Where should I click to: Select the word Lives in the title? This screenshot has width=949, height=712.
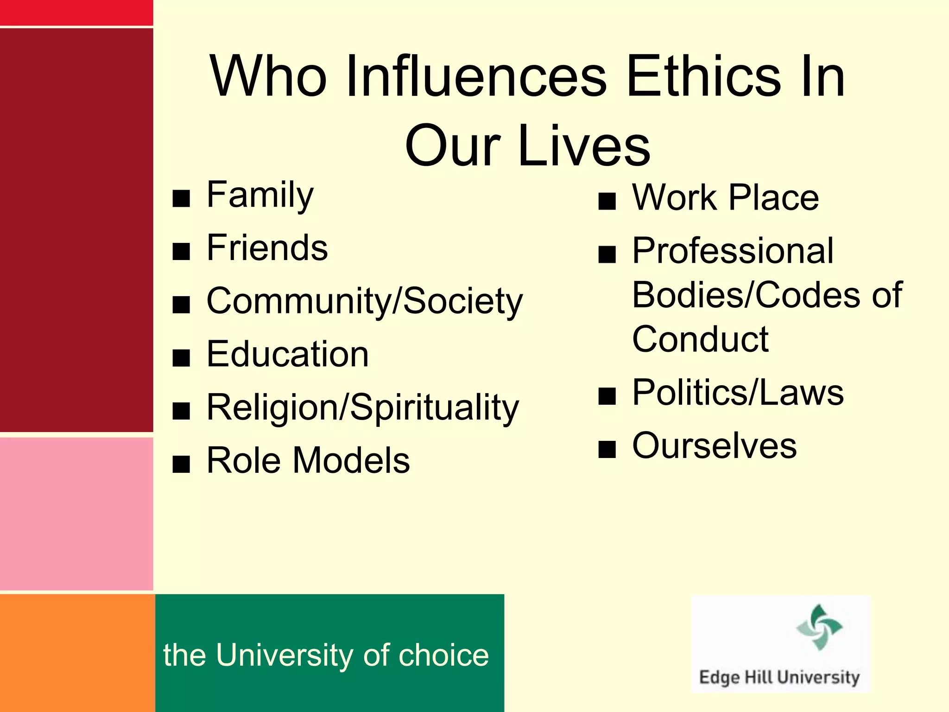point(585,146)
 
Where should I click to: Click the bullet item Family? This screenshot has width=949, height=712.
point(260,195)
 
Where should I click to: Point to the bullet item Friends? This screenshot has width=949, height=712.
point(267,248)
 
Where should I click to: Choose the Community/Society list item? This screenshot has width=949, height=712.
point(364,301)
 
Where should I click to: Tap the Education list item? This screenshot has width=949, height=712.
point(287,354)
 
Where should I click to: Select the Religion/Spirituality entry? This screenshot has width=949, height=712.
point(362,407)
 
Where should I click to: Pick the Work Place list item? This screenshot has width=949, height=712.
point(725,197)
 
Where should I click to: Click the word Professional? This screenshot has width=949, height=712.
point(733,251)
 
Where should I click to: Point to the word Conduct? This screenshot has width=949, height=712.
point(700,339)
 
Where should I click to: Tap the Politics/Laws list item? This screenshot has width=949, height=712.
point(738,393)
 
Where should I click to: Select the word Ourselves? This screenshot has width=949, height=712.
point(715,445)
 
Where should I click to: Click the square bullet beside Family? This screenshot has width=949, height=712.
point(181,198)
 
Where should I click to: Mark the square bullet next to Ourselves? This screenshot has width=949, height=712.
point(607,449)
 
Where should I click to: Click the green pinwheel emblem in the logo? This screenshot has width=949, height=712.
point(819,627)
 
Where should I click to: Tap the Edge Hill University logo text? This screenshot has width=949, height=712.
point(779,677)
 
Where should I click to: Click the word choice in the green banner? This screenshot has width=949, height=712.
point(443,655)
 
